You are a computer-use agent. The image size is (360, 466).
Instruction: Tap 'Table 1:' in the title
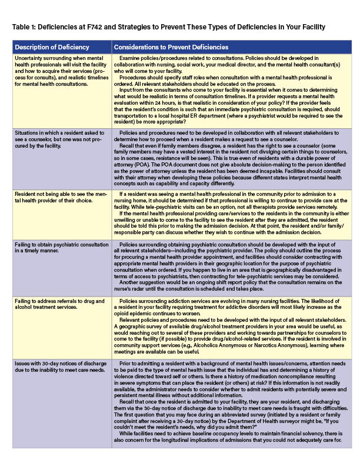[27, 28]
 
